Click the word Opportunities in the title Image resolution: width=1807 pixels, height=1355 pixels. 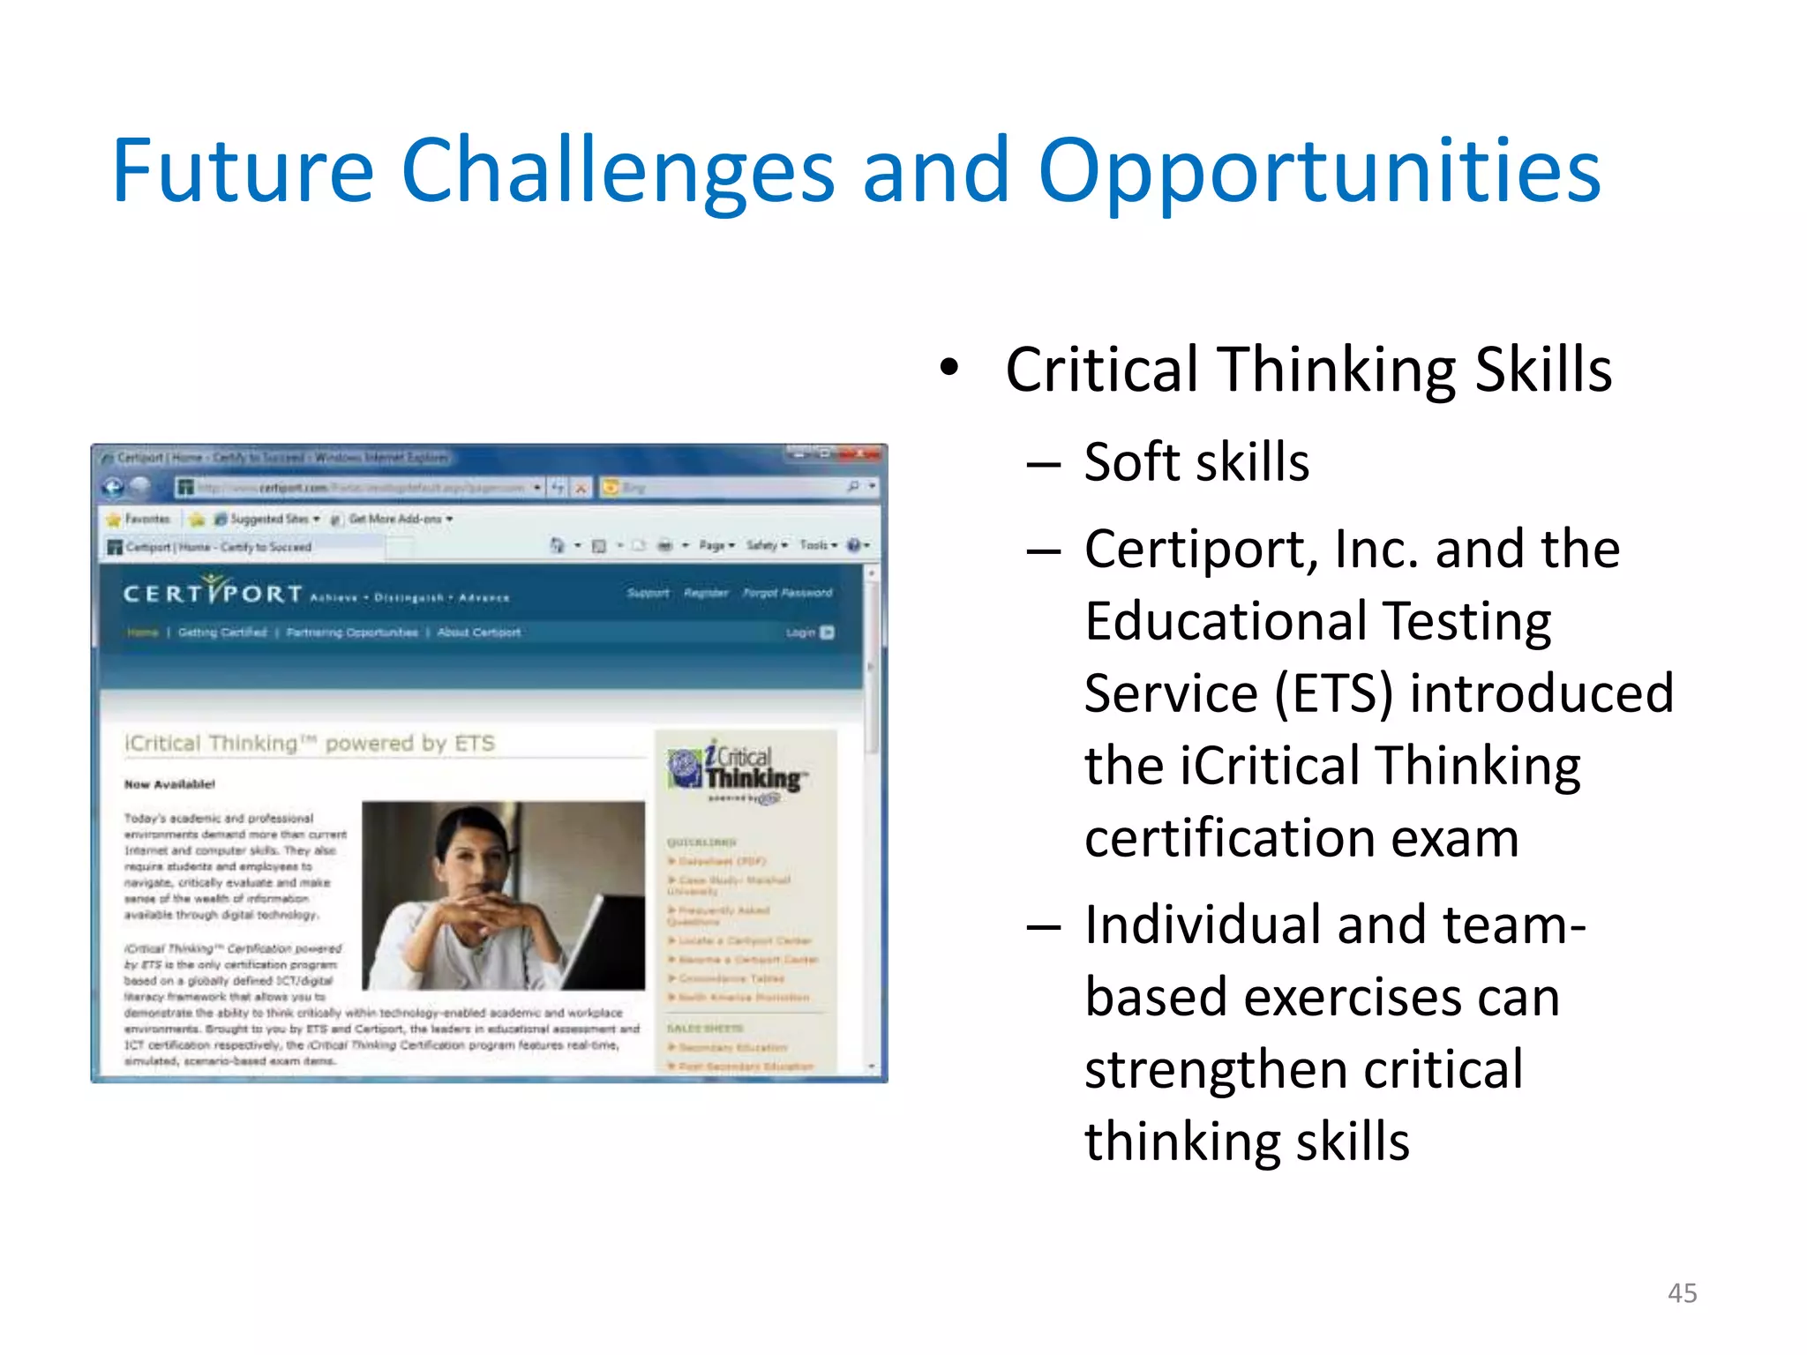coord(1319,172)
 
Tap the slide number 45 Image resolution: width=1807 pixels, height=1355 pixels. coord(1682,1293)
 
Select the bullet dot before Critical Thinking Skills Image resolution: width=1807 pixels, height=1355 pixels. coord(948,368)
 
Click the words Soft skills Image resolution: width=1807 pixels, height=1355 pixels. coord(1196,462)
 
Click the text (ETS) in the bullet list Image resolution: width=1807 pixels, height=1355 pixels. coord(1333,693)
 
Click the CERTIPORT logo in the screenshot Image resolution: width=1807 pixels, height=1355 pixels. coord(214,592)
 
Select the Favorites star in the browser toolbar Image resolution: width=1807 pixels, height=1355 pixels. coord(114,519)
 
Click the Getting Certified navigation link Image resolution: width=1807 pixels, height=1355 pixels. coord(222,633)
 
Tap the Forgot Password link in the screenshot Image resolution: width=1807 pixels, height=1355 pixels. coord(787,593)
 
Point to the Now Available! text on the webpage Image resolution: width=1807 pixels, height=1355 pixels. coord(169,784)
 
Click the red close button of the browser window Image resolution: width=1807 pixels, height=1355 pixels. coord(862,454)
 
